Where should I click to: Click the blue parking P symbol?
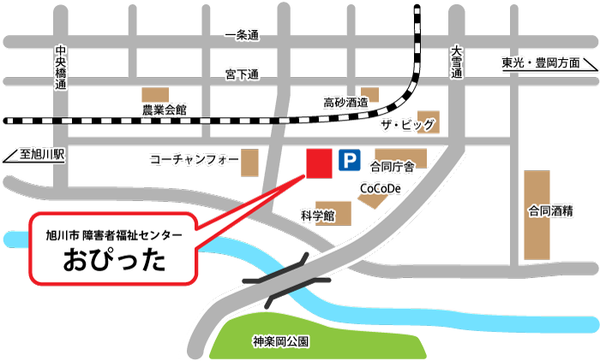pos(349,160)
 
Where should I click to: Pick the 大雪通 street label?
pos(456,63)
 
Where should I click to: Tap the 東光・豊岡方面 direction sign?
pos(541,63)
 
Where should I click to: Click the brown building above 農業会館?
pos(156,93)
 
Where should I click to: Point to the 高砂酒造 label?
pos(345,103)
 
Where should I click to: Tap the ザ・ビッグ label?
pos(407,126)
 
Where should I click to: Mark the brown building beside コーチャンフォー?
pos(250,163)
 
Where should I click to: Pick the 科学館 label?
pos(316,215)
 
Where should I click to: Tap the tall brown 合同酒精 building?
pos(537,214)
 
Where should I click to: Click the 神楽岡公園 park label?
pos(281,340)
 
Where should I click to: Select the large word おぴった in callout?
pos(114,260)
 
